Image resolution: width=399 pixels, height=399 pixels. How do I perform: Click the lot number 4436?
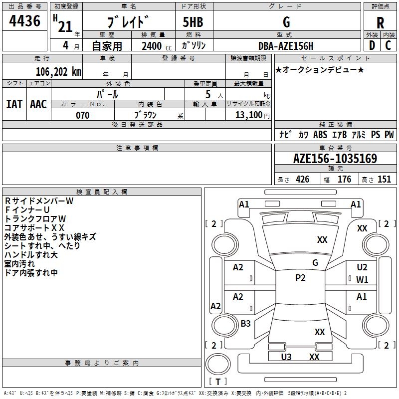tap(24, 21)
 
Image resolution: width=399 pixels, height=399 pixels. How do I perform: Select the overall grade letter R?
tap(380, 22)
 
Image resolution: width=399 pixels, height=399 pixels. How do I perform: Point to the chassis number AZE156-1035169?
tap(335, 159)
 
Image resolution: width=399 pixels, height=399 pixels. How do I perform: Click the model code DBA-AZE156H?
tap(286, 46)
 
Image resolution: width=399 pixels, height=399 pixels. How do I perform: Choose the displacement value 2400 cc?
tap(153, 46)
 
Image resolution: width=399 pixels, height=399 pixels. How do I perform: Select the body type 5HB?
tap(193, 22)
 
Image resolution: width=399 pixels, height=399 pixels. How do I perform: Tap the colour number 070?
tap(82, 115)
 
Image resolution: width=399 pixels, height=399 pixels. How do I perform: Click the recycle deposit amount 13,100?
tap(248, 115)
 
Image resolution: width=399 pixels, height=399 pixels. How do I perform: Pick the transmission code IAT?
tap(14, 104)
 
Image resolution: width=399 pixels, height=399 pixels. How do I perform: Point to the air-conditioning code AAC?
tap(38, 104)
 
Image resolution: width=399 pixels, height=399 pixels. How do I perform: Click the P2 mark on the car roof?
tap(300, 278)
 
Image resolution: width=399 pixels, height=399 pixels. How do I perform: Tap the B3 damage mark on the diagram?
tap(245, 324)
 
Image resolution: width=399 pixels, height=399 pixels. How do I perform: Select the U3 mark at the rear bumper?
tap(286, 357)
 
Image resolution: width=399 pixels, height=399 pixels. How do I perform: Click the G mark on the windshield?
tap(315, 262)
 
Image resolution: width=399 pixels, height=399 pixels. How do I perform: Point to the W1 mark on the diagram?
tap(362, 279)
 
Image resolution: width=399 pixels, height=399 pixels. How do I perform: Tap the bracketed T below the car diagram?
tap(218, 382)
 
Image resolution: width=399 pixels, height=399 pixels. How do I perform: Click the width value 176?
tap(344, 180)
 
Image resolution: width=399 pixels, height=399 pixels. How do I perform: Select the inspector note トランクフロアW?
tap(35, 218)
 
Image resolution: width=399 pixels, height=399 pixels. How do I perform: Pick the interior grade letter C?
tap(388, 45)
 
